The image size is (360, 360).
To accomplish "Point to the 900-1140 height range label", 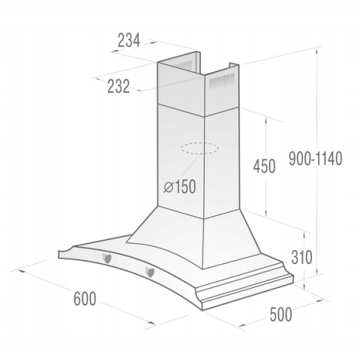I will pos(316,160).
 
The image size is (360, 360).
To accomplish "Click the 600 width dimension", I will pos(84,298).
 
